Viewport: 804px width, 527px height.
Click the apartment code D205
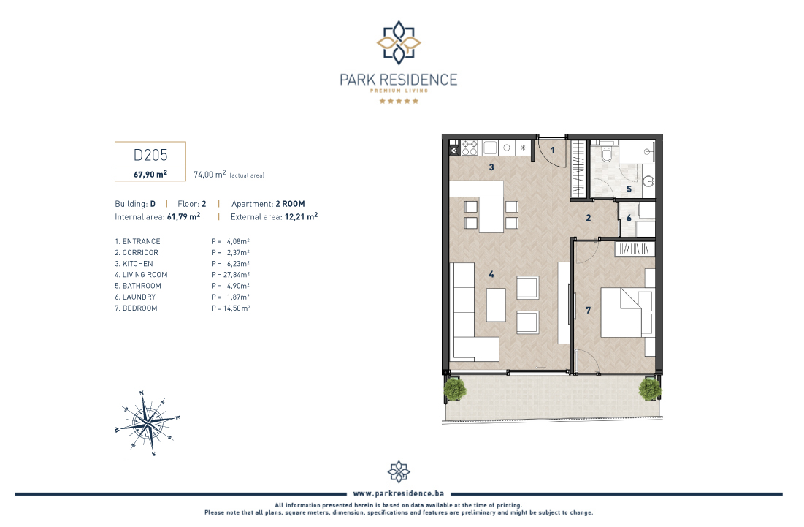click(x=150, y=154)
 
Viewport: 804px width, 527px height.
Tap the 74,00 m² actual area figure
click(x=210, y=175)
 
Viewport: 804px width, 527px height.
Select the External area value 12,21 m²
click(x=301, y=216)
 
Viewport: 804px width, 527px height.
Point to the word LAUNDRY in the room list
click(x=139, y=297)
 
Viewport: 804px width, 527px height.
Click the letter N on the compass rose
click(x=142, y=393)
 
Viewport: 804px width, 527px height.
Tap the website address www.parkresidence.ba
click(x=399, y=493)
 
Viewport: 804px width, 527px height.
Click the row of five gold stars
click(x=399, y=101)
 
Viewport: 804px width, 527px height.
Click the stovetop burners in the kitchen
click(x=470, y=148)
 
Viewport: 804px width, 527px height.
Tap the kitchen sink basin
click(x=490, y=148)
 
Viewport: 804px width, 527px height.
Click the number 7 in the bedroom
click(x=588, y=310)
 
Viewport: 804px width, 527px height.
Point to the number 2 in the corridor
click(x=589, y=218)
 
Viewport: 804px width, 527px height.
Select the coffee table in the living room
click(x=496, y=306)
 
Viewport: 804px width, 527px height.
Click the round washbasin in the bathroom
click(x=649, y=181)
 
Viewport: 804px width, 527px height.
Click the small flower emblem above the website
click(x=399, y=471)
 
